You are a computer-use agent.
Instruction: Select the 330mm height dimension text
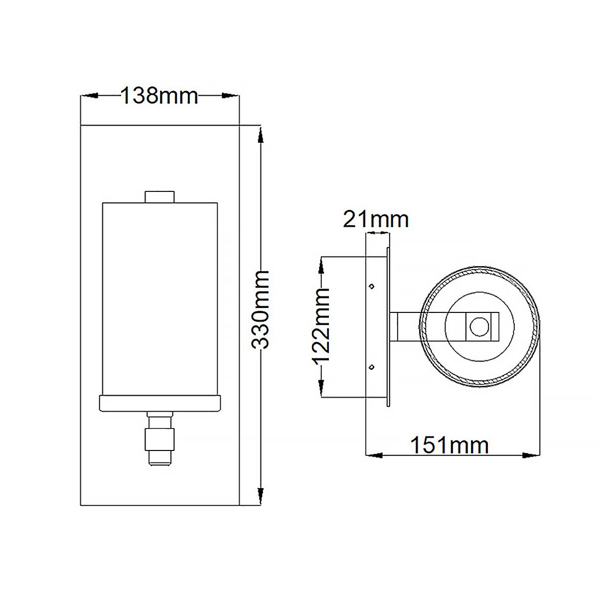click(260, 310)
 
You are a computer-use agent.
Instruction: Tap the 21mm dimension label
click(376, 219)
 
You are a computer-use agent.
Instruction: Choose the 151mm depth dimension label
click(449, 445)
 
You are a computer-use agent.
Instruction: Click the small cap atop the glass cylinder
click(159, 197)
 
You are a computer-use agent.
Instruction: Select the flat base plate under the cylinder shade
click(160, 403)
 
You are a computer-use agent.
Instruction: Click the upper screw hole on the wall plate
click(371, 287)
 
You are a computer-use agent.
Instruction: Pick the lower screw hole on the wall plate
click(371, 367)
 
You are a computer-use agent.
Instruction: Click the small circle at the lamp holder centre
click(481, 327)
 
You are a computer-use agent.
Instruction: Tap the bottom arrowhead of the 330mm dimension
click(260, 496)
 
